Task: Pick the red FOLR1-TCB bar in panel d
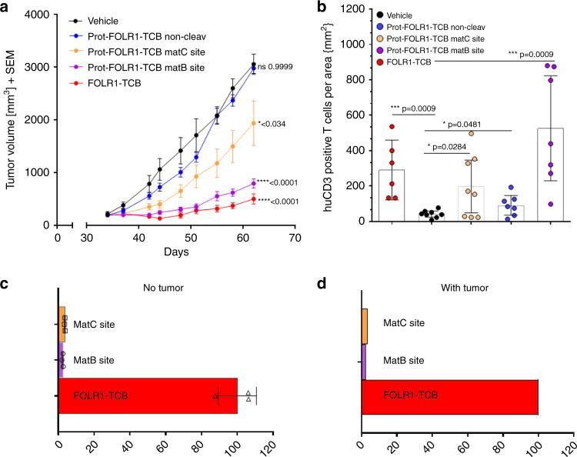(449, 397)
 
